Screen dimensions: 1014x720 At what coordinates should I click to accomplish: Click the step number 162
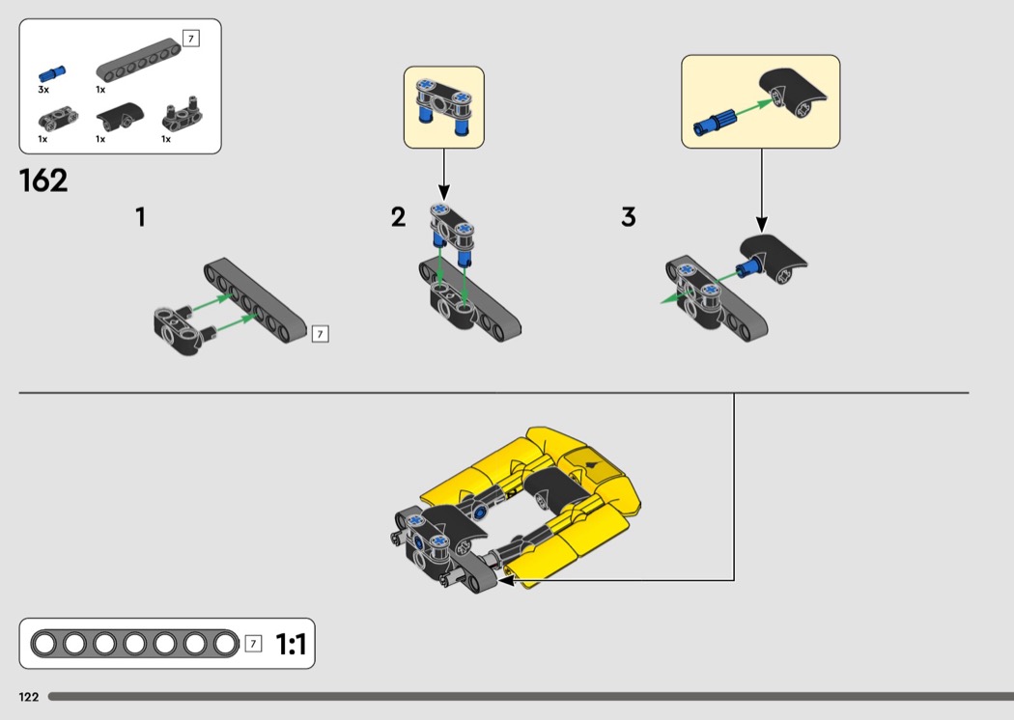pos(43,180)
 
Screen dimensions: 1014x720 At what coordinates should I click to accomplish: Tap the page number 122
pos(29,697)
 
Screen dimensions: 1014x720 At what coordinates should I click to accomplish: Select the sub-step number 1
pos(140,217)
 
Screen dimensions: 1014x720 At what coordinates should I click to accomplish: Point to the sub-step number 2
pos(398,217)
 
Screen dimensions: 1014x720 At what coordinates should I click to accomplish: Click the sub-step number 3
pos(629,217)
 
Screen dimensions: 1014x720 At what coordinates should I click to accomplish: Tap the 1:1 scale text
pos(291,645)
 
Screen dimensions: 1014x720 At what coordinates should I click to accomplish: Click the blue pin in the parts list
pos(52,73)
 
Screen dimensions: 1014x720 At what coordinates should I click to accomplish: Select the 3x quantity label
pos(43,90)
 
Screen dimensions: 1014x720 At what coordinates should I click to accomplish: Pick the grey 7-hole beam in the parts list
pos(138,61)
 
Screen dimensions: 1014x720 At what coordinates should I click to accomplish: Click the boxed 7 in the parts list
pos(191,39)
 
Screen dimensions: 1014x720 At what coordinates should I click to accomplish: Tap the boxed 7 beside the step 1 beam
pos(320,334)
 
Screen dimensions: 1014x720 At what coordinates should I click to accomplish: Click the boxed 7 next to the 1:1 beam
pos(253,644)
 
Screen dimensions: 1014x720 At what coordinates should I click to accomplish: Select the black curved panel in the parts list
pos(118,116)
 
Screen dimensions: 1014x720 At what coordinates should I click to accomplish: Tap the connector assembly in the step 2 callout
pos(443,106)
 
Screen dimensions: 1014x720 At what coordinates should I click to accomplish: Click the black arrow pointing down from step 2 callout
pos(443,175)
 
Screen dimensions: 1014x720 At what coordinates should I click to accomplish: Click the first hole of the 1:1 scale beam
pos(44,644)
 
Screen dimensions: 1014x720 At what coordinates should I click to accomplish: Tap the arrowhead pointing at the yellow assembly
pos(506,580)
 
